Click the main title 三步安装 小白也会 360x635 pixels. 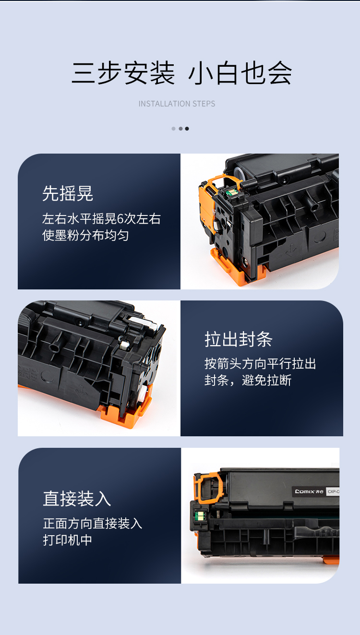coord(181,73)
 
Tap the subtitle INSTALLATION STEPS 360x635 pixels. coord(177,104)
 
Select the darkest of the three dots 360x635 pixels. coord(187,129)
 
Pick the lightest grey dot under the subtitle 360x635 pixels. coord(173,129)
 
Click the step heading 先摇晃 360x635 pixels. coord(68,193)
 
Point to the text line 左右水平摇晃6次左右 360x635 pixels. coord(101,219)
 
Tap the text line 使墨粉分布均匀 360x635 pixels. coord(85,235)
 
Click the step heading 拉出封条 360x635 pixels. coord(239,339)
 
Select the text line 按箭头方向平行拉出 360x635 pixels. coord(260,364)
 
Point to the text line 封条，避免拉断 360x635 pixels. coord(248,380)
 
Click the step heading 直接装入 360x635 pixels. coord(77,499)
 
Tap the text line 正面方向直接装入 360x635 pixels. coord(93,523)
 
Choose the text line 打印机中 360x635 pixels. coord(68,540)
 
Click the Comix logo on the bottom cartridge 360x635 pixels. coord(309,491)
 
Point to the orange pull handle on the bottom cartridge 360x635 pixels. coord(209,488)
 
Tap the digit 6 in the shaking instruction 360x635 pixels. coord(120,219)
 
